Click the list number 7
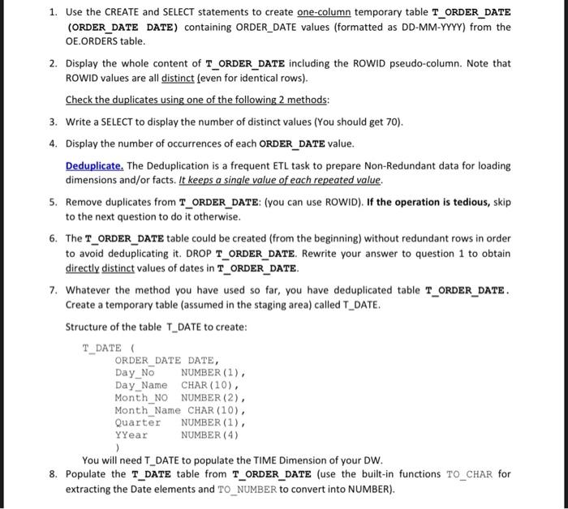click(x=52, y=289)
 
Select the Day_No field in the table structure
click(x=134, y=373)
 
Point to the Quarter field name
click(x=138, y=422)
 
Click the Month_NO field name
click(x=142, y=397)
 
